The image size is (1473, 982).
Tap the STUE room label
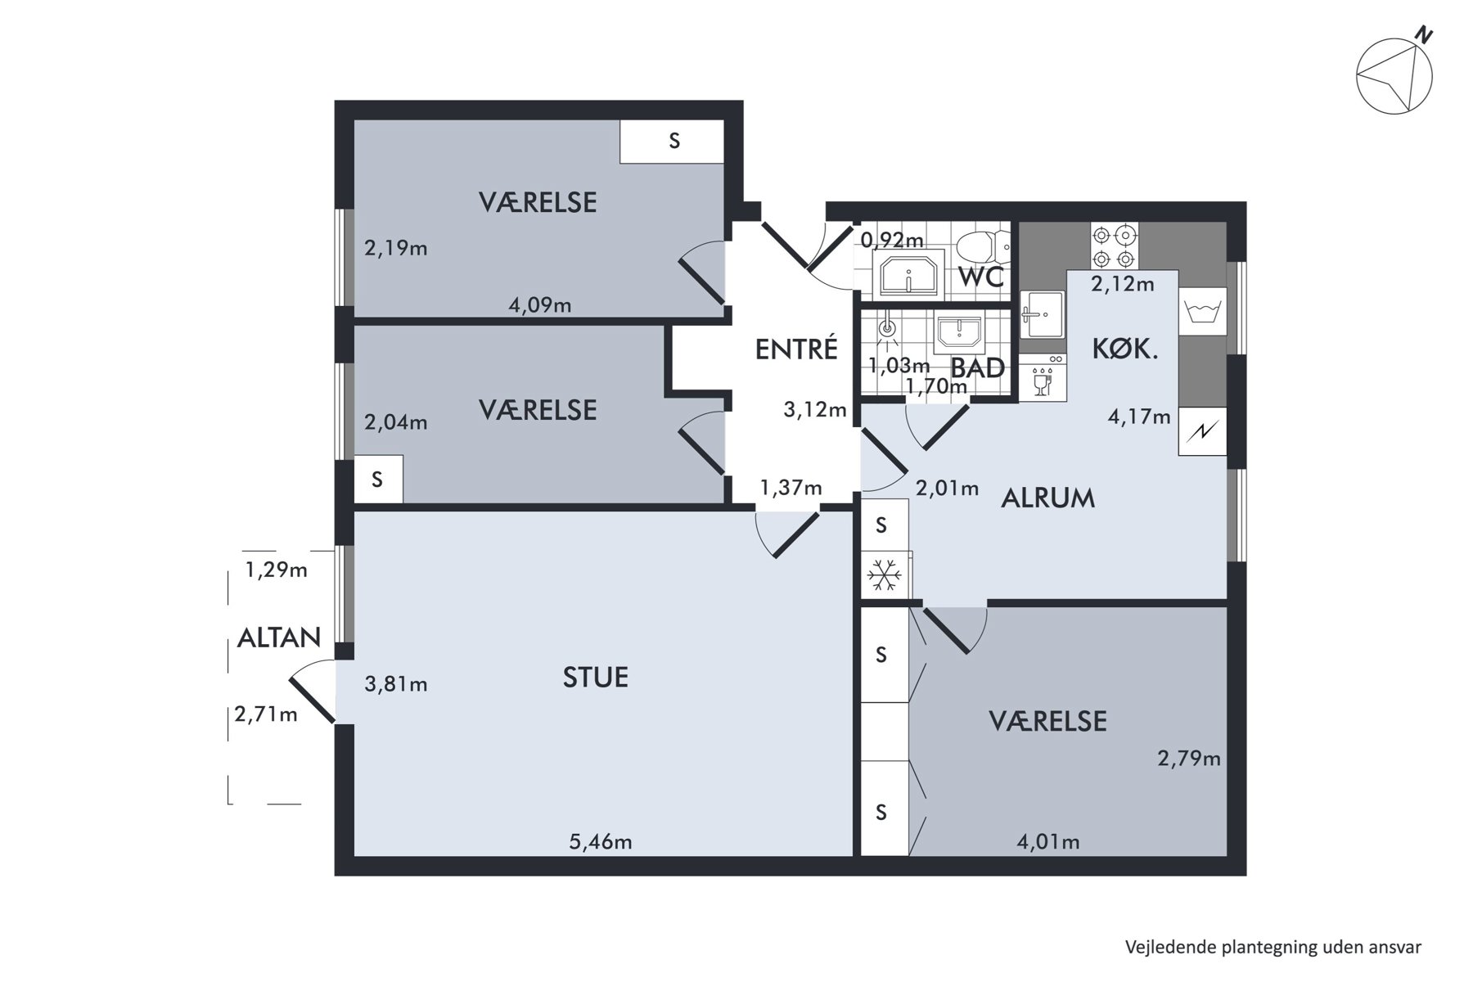coord(596,678)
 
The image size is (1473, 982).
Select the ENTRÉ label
coord(796,349)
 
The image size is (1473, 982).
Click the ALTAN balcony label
coord(279,637)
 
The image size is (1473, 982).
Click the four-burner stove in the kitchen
coord(1114,247)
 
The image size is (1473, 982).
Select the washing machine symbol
coord(1202,312)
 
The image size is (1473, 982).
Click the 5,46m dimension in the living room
coord(601,841)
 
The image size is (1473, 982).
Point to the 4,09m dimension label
coord(540,305)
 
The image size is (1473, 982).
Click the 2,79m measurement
coord(1189,759)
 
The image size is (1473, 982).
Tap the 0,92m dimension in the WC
coord(892,240)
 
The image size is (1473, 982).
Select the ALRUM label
coord(1048,498)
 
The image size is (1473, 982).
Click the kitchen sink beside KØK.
coord(1042,314)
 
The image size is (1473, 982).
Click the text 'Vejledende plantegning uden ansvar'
coord(1273,947)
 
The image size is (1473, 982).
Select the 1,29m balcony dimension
coord(277,570)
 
